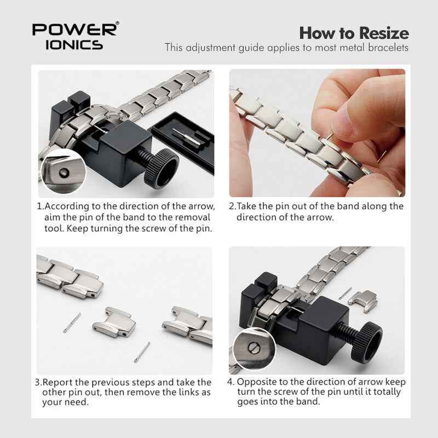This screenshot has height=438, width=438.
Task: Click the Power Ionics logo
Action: (74, 36)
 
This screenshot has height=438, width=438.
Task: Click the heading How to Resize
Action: (354, 32)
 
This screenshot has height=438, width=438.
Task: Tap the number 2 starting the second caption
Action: (232, 206)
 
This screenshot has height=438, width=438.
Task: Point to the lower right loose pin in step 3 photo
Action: (142, 351)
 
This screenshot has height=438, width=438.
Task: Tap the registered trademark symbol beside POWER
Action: (117, 24)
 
